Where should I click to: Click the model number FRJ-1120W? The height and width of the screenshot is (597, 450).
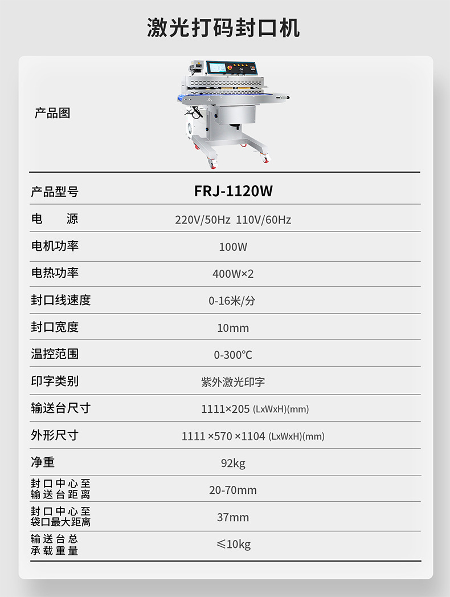pos(233,192)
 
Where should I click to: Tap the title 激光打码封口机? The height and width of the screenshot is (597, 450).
pos(223,28)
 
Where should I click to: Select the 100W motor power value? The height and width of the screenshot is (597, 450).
pos(233,247)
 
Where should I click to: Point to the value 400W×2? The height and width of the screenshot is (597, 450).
pos(233,274)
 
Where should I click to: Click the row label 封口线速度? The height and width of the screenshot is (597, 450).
pos(61,300)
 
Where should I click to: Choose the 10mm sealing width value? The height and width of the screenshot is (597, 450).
pos(233,328)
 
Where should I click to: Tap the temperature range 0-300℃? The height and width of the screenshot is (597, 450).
pos(233,355)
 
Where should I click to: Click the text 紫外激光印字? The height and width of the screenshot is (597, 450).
pos(233,382)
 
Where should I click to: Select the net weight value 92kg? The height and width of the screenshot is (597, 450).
pos(233,463)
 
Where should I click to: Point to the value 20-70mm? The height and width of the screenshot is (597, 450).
pos(233,490)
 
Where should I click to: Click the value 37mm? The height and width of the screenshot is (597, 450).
pos(233,517)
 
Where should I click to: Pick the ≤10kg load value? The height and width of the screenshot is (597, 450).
pos(233,544)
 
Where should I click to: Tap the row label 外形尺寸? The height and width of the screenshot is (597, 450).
pos(55,436)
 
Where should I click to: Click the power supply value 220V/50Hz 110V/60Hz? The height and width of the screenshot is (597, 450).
pos(233,220)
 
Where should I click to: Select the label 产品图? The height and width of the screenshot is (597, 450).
pos(52,113)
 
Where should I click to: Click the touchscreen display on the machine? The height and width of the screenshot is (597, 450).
pos(216,68)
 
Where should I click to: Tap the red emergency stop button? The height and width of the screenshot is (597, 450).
pos(230,67)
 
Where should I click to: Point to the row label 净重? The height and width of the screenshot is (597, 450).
pos(43,462)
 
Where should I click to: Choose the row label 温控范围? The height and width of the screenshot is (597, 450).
pos(55,354)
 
